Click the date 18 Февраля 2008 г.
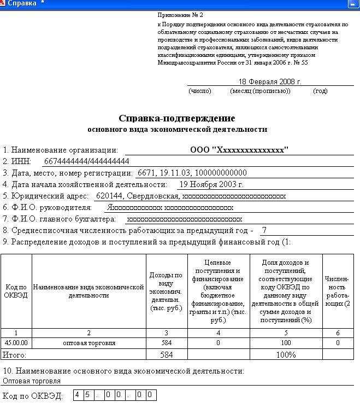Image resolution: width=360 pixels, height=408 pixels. coord(270,81)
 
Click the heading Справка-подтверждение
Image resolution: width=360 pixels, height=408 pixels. coord(176,118)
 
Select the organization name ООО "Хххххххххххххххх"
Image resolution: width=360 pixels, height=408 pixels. coord(239,150)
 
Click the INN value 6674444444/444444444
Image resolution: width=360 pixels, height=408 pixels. coord(86,161)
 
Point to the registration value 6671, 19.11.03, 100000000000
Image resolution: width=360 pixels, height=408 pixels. coord(192,173)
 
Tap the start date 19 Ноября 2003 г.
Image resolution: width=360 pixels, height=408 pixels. coord(211,184)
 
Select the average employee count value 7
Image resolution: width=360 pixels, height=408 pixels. coord(264,230)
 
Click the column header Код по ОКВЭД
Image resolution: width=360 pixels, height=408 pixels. coord(16,291)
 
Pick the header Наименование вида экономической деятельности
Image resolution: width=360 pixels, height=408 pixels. coord(88,291)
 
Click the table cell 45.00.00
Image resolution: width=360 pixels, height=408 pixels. coord(16,343)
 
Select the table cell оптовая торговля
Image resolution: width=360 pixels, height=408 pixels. coord(88,343)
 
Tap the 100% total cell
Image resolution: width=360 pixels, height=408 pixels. coord(286,354)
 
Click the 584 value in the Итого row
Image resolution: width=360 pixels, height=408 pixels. coord(167,354)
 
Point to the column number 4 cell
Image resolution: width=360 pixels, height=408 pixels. coord(219,333)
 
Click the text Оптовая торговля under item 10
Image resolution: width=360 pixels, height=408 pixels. coord(32,381)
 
